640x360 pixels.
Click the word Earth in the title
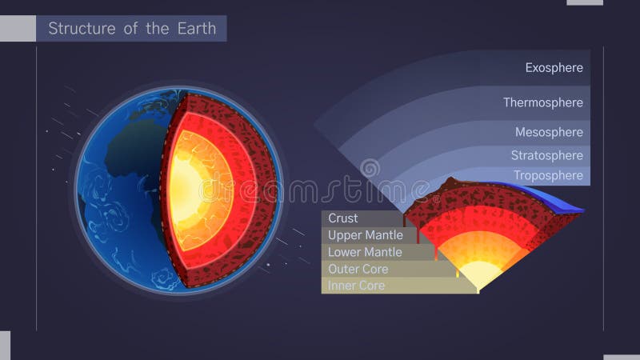197,29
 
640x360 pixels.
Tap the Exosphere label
554,68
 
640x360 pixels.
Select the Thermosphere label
542,102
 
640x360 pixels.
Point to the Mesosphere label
549,132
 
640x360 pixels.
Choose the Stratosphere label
547,155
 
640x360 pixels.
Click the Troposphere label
548,175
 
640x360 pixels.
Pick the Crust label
343,218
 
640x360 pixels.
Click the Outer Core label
357,269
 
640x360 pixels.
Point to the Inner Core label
356,286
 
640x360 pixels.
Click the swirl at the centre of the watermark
370,170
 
